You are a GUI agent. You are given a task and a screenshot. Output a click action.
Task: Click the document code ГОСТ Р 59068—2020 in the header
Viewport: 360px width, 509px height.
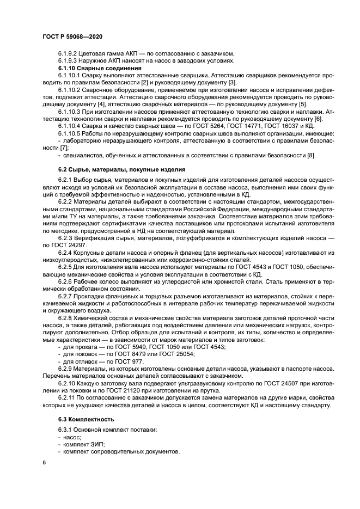[72, 35]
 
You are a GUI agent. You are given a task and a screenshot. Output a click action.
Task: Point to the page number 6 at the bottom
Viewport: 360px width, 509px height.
[44, 462]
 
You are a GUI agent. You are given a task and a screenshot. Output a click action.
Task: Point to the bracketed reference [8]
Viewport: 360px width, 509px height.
[311, 156]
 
